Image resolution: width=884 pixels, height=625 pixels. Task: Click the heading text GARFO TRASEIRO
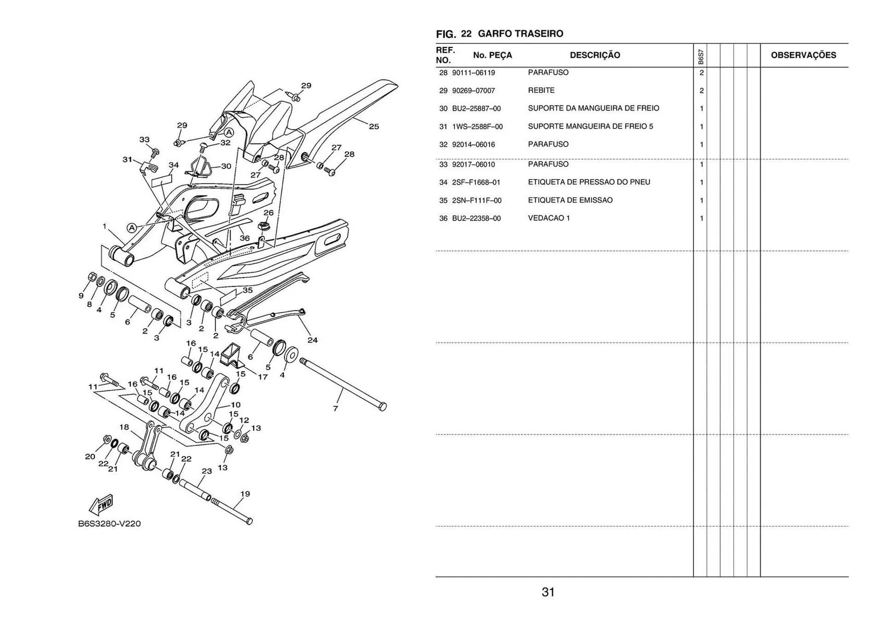[x=520, y=34]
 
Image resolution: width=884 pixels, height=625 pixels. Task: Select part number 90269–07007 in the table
[x=473, y=91]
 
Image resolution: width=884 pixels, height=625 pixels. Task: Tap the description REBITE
[x=541, y=90]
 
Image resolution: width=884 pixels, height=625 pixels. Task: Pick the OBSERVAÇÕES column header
[x=803, y=55]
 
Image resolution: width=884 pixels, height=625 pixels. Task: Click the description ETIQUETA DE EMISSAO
[x=570, y=200]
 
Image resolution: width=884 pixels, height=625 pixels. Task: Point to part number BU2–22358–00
[x=476, y=219]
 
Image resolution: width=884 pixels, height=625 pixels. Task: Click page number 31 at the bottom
[x=548, y=592]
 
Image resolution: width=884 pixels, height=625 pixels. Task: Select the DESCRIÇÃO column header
[x=595, y=55]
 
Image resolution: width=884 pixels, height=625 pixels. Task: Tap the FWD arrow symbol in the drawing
[x=101, y=505]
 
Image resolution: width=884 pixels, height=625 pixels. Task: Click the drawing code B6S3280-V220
[x=110, y=524]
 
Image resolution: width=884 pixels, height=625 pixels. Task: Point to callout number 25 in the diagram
[x=374, y=127]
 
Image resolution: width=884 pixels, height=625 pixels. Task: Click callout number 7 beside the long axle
[x=335, y=408]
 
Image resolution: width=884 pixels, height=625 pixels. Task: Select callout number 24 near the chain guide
[x=313, y=340]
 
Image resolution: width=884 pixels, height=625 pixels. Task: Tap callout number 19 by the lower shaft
[x=245, y=494]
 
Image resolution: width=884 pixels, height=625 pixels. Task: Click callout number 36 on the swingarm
[x=244, y=238]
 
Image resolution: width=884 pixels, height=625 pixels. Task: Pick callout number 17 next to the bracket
[x=262, y=377]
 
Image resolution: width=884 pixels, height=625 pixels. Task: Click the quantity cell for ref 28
[x=701, y=73]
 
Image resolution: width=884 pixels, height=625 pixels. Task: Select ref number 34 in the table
[x=443, y=182]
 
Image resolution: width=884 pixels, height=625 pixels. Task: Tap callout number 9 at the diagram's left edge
[x=81, y=296]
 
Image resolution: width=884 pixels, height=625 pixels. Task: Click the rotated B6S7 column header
[x=700, y=57]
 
